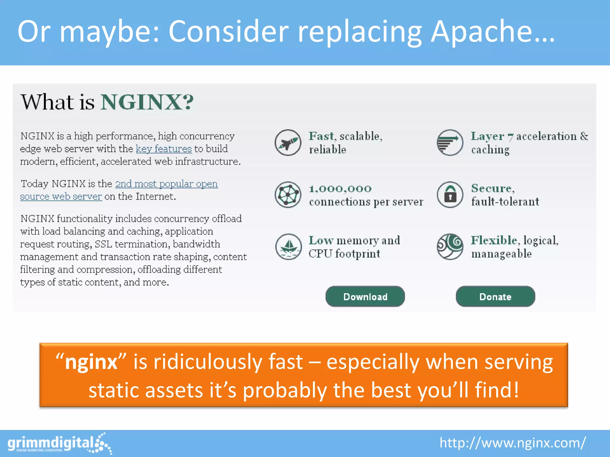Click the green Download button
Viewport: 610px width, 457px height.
[365, 296]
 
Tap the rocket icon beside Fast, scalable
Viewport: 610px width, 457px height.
[288, 143]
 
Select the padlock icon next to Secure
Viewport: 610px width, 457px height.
[450, 195]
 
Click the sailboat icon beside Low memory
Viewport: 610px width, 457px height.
[288, 247]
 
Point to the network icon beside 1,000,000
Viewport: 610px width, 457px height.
[288, 195]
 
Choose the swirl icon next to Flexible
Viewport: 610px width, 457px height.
[450, 247]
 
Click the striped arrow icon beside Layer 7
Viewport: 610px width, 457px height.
[450, 143]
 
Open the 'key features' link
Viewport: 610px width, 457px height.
[164, 149]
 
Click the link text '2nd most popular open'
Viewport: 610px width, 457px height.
[166, 184]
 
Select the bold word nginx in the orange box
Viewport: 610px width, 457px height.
[91, 362]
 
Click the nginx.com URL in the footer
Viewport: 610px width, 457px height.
[512, 443]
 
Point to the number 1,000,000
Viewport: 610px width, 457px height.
[340, 189]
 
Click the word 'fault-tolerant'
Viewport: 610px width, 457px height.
[505, 202]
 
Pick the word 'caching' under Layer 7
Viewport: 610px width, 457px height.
[490, 150]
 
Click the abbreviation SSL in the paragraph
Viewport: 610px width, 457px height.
[103, 244]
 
